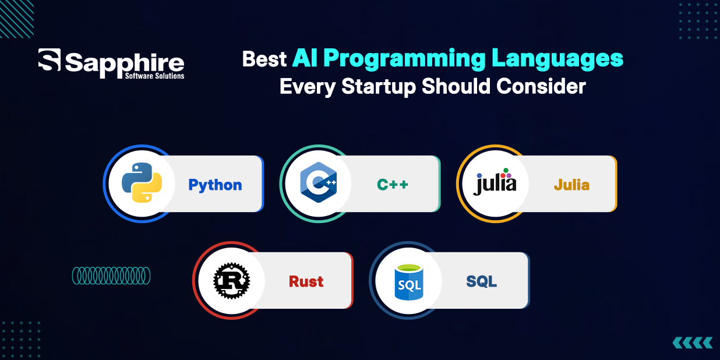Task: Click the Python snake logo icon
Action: click(142, 183)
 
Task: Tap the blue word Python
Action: click(215, 185)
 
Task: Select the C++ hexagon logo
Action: click(318, 183)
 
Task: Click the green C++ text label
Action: click(392, 185)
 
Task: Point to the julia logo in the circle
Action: click(495, 182)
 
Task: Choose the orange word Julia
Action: click(571, 185)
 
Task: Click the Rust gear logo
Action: click(231, 280)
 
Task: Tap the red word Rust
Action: click(306, 282)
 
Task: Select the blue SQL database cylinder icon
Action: click(408, 281)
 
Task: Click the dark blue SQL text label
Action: click(481, 282)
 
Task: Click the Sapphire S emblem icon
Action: click(50, 61)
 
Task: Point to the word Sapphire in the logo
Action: click(125, 61)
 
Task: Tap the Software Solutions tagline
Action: click(154, 76)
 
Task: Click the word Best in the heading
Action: click(264, 59)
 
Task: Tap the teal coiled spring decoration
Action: click(111, 276)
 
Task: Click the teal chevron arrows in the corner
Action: click(692, 342)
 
